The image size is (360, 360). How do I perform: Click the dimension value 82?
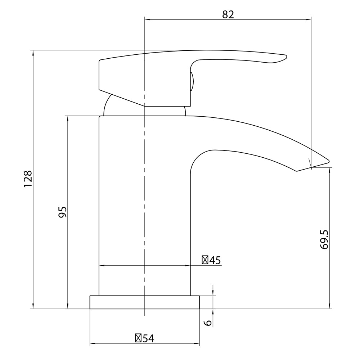tap(228, 14)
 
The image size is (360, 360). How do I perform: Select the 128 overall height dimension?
tap(28, 179)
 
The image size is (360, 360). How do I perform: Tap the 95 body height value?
tap(63, 212)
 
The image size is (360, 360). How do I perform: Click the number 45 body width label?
tap(215, 260)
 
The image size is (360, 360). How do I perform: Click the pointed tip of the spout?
tap(328, 161)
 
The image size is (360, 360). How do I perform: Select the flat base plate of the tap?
tap(144, 302)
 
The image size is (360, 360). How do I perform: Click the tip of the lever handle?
tap(286, 57)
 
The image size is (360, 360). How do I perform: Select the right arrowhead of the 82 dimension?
tap(309, 20)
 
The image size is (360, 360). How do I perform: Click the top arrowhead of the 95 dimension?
tap(67, 118)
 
